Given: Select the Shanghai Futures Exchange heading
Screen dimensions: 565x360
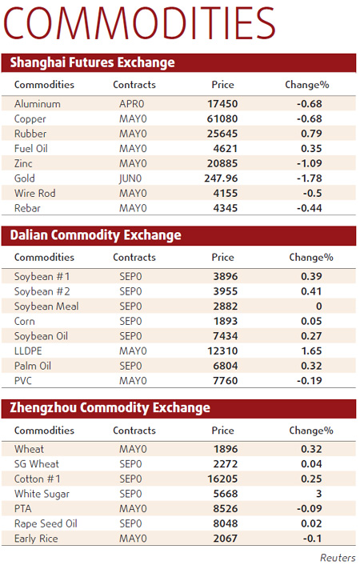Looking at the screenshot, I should [92, 62].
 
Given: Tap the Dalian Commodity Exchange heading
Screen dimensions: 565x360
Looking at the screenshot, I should [95, 235].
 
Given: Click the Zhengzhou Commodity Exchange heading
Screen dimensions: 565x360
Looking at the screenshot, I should [110, 407].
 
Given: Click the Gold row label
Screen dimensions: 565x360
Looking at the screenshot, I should [25, 178].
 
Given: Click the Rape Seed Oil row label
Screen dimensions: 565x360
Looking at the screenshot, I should [46, 523].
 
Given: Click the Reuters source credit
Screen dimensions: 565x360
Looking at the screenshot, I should [338, 557].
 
